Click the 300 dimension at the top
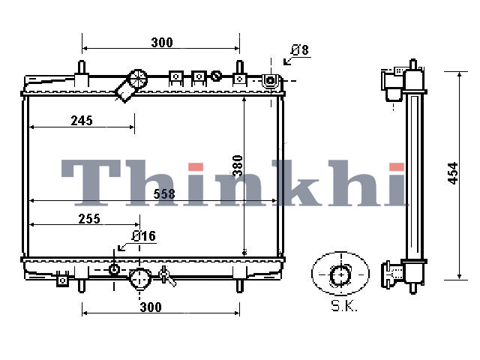[162, 42]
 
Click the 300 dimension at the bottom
[151, 307]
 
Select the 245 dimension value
[82, 121]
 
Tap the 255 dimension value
[89, 219]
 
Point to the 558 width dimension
[164, 194]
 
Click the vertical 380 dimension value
[238, 166]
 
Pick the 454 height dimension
[453, 173]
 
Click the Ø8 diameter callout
[300, 50]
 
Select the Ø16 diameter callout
[144, 236]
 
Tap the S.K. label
[344, 305]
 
